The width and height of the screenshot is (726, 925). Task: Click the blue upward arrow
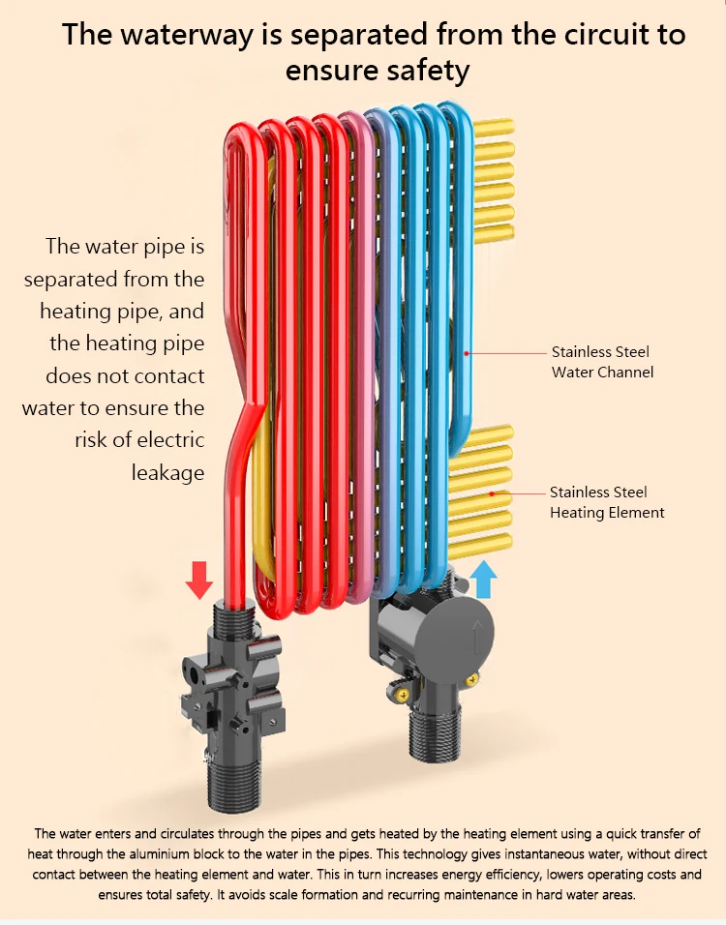tap(484, 582)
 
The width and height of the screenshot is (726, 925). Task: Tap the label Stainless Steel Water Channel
tap(601, 362)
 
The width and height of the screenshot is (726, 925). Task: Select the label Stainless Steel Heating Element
tap(607, 502)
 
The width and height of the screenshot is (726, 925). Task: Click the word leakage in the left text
tap(168, 472)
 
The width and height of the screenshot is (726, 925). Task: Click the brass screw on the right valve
tap(400, 692)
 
